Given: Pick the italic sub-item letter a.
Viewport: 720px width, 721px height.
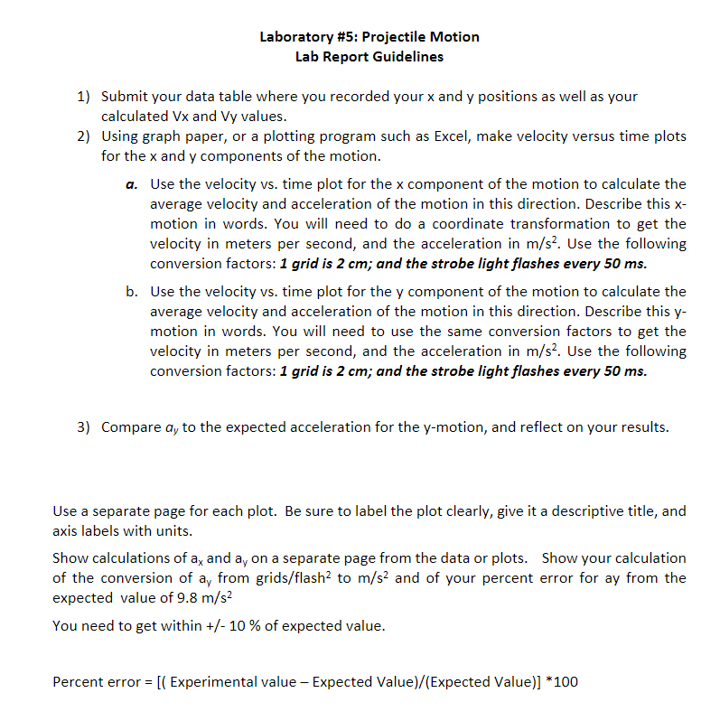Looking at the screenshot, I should pos(132,184).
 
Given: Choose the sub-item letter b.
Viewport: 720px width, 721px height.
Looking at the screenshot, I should pos(132,292).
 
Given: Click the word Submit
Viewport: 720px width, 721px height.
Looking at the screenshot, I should pos(125,97).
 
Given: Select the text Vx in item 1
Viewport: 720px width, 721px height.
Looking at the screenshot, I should pos(180,117).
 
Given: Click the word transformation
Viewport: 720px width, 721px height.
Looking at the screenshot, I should pos(573,223).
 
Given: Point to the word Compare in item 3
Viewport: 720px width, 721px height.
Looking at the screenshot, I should pos(132,427).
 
